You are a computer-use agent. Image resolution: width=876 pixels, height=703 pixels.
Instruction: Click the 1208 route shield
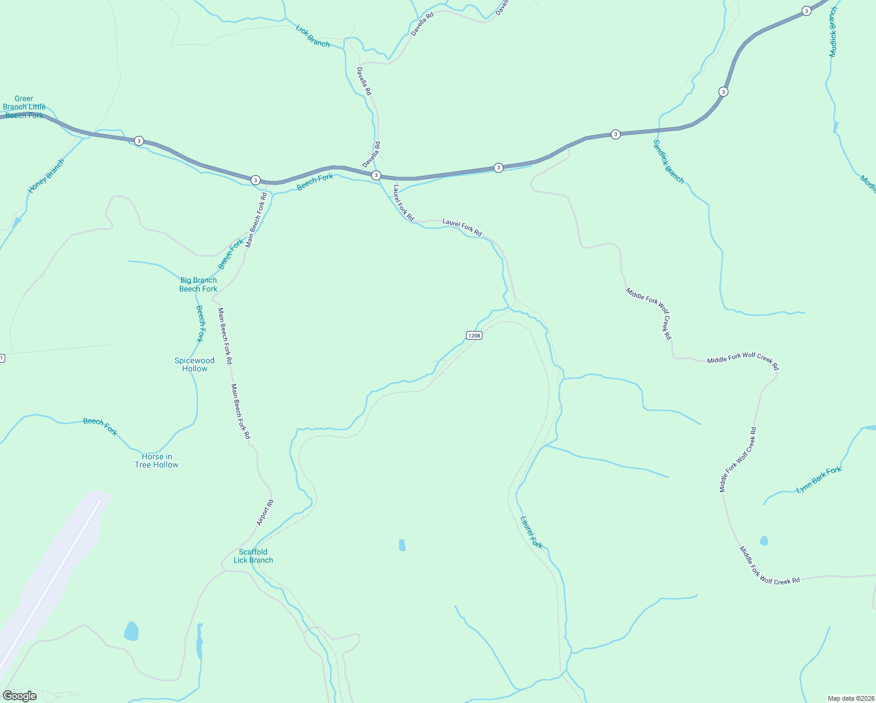[474, 336]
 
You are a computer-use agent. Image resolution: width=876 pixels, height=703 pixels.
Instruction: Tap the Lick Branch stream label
[313, 36]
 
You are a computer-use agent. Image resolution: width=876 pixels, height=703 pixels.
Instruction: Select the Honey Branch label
[46, 176]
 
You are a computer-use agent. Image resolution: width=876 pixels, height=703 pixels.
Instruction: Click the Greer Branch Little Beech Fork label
[24, 107]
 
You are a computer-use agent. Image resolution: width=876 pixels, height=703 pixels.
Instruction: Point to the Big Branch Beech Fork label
[199, 285]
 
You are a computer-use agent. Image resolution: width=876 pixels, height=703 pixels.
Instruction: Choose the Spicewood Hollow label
[194, 364]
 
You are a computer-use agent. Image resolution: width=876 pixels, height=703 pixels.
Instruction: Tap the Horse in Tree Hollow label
[156, 460]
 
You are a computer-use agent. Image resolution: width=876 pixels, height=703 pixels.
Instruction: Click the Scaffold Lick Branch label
[253, 556]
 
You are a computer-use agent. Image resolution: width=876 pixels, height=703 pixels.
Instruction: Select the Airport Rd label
[265, 513]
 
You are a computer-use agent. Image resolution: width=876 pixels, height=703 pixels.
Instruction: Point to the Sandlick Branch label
[668, 162]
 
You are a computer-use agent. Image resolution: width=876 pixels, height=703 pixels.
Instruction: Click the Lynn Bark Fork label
[819, 480]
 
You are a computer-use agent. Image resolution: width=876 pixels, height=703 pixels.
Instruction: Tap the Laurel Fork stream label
[532, 532]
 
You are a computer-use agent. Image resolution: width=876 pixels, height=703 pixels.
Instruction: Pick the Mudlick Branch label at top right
[833, 32]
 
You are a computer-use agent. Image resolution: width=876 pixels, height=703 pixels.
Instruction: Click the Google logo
[20, 696]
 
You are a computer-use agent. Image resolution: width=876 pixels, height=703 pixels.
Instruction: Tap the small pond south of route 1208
[402, 545]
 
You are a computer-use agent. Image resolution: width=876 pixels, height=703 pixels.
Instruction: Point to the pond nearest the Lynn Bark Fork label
[764, 541]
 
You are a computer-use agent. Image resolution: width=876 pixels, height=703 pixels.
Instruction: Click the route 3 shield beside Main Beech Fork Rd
[255, 180]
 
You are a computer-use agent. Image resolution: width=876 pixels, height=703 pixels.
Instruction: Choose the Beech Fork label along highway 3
[315, 182]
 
